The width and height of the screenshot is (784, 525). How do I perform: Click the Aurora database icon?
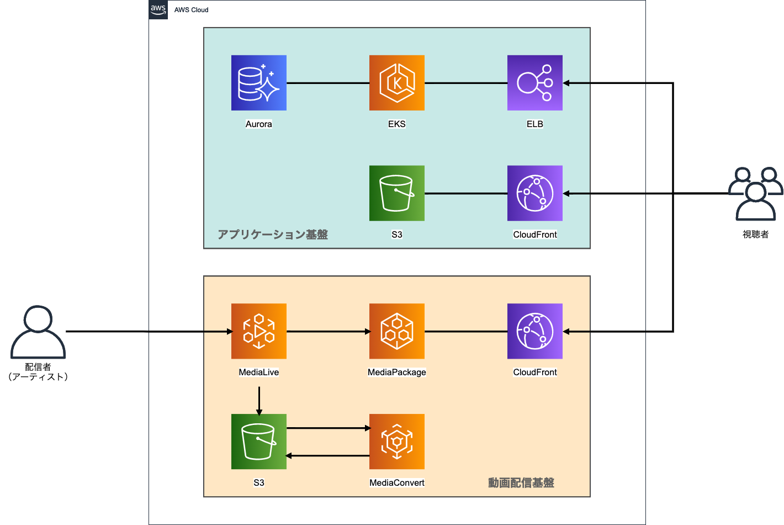point(258,83)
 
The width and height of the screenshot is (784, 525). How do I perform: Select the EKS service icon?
point(396,83)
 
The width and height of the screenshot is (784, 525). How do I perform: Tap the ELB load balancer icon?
point(534,83)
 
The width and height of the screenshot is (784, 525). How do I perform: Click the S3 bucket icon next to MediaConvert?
point(258,442)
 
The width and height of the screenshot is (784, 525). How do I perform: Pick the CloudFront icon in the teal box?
point(534,193)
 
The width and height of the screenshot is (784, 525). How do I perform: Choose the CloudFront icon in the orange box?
point(534,331)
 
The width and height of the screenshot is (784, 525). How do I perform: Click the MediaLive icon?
point(258,331)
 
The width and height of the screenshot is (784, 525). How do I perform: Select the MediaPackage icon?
point(396,331)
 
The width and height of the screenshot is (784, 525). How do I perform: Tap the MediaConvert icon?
point(396,442)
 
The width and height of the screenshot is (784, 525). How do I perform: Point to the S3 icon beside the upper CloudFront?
point(396,193)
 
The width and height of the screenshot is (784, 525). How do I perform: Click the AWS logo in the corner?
point(158,9)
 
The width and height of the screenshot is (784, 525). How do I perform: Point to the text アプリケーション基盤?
point(273,235)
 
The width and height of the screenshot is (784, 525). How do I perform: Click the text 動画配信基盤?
point(521,483)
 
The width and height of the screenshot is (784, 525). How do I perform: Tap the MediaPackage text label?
point(396,372)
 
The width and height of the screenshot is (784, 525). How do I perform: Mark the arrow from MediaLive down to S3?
point(259,400)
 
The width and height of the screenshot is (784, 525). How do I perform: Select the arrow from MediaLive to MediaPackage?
point(328,332)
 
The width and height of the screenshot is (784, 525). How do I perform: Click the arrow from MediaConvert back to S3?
point(328,456)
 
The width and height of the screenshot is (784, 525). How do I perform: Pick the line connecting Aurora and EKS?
point(328,83)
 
